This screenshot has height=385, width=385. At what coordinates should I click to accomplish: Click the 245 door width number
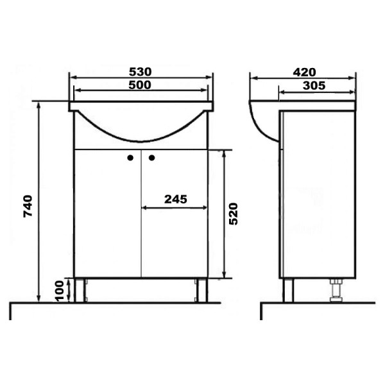[x=175, y=199]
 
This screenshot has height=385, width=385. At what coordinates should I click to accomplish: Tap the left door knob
[x=130, y=157]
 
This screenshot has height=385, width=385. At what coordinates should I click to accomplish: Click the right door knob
[x=153, y=157]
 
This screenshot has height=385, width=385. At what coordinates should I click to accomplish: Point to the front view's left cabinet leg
[x=80, y=290]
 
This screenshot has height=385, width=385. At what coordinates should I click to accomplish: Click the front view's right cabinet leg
[x=201, y=290]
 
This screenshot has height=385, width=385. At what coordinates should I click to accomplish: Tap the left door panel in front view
[x=107, y=218]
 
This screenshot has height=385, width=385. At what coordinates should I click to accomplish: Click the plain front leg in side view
[x=289, y=290]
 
